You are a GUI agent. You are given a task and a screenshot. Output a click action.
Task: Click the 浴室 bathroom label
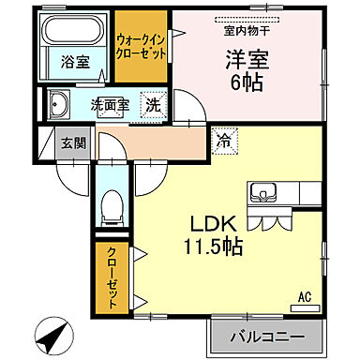tap(75, 63)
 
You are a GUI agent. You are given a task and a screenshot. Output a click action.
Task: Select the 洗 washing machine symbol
tap(152, 105)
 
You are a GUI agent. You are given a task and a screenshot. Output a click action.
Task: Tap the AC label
tap(304, 296)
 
